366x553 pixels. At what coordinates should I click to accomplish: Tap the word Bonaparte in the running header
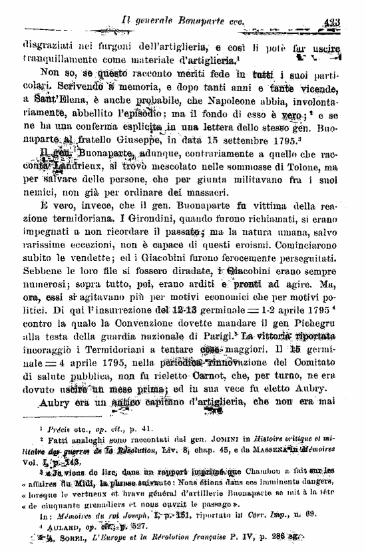(201, 22)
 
